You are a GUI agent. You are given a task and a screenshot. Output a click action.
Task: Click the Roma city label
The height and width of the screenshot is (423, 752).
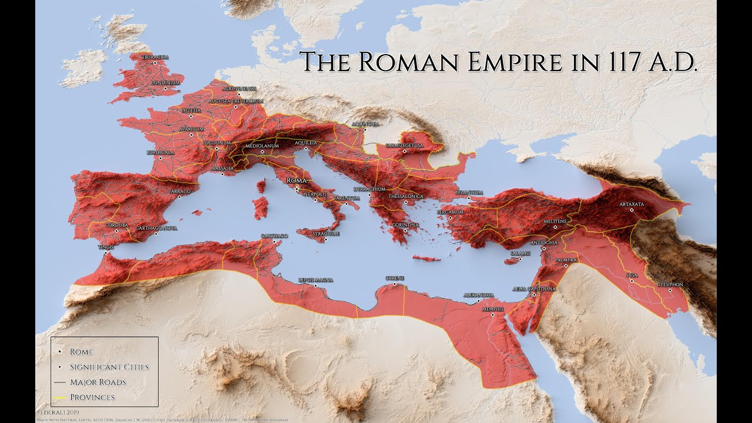click(297, 181)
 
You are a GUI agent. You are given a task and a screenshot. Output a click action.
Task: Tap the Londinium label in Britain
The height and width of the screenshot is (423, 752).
click(165, 83)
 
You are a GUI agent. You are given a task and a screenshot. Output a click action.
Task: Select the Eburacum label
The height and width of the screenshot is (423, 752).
click(155, 57)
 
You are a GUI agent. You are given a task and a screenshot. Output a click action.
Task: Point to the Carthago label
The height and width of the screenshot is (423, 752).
click(274, 236)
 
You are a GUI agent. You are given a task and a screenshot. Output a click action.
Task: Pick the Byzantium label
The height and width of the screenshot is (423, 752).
click(468, 193)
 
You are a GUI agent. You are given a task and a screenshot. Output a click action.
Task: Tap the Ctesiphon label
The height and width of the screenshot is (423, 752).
click(670, 285)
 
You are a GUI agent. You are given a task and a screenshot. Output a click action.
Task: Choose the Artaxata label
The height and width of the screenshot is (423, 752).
click(632, 204)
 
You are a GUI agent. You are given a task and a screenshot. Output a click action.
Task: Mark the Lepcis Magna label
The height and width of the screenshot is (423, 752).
click(316, 280)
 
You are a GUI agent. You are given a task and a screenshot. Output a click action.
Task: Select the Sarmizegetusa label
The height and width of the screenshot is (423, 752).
click(405, 145)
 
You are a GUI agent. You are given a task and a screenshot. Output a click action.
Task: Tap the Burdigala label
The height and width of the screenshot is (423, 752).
click(160, 152)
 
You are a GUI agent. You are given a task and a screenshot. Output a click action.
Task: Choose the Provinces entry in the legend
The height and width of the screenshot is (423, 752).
click(92, 397)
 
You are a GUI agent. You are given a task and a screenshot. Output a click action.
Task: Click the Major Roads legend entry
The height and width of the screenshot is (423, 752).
click(98, 382)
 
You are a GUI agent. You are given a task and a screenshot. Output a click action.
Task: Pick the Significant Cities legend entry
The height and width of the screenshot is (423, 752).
click(109, 367)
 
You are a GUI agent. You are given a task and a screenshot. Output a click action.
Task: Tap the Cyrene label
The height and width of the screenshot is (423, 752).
click(395, 278)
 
